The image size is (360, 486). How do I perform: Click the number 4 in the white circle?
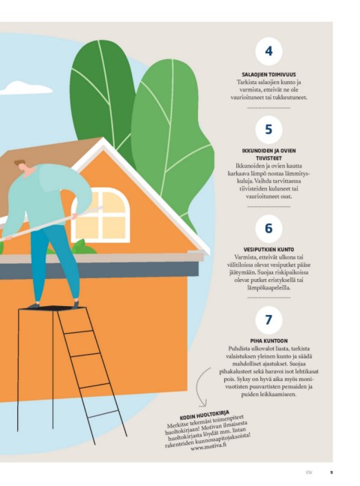[x=268, y=51]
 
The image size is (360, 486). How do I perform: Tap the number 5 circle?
[x=268, y=130]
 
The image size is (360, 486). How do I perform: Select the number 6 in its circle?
[x=268, y=229]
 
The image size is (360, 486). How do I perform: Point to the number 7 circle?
[x=268, y=319]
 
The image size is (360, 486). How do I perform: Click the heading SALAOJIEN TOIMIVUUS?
[x=268, y=75]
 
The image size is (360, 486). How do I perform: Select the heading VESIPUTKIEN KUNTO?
[x=268, y=250]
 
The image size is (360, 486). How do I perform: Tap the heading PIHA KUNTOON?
[x=268, y=341]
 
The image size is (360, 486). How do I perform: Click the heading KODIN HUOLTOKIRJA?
[x=204, y=415]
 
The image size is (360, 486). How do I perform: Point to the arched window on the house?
[x=100, y=215]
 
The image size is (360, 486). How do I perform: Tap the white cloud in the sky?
[x=26, y=88]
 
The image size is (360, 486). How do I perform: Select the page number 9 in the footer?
[x=331, y=472]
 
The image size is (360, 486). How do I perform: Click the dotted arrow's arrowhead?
[x=202, y=405]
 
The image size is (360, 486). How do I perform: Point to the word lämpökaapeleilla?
[x=268, y=288]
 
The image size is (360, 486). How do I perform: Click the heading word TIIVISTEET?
[x=268, y=158]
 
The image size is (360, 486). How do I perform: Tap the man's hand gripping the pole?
[x=73, y=216]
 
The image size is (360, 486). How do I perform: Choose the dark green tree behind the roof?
[x=102, y=93]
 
